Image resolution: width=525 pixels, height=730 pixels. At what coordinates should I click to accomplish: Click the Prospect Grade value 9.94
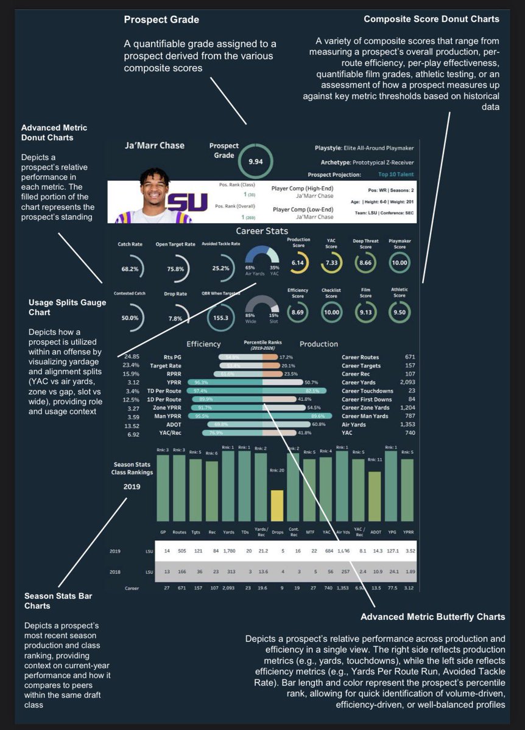(255, 162)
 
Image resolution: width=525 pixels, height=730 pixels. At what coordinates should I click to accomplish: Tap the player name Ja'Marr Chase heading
(154, 145)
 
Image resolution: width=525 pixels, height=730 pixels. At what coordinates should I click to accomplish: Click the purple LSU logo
(186, 203)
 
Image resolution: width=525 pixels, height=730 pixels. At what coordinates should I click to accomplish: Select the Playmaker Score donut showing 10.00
(400, 263)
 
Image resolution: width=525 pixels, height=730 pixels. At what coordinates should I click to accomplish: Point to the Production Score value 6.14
(298, 263)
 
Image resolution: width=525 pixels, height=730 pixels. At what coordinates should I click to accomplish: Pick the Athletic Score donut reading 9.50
(400, 311)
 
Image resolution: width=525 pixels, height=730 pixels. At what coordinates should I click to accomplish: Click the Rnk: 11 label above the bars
(376, 460)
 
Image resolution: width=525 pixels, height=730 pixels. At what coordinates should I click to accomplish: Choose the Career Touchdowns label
(367, 391)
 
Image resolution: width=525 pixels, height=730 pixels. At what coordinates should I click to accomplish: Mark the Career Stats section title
(262, 231)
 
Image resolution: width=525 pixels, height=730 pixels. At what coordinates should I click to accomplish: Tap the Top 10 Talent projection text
(395, 174)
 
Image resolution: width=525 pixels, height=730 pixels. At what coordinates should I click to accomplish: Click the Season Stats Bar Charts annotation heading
(58, 600)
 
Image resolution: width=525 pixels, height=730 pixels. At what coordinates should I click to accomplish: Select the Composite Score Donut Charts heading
(431, 19)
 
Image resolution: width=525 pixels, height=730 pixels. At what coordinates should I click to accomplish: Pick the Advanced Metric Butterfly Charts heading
(432, 617)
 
